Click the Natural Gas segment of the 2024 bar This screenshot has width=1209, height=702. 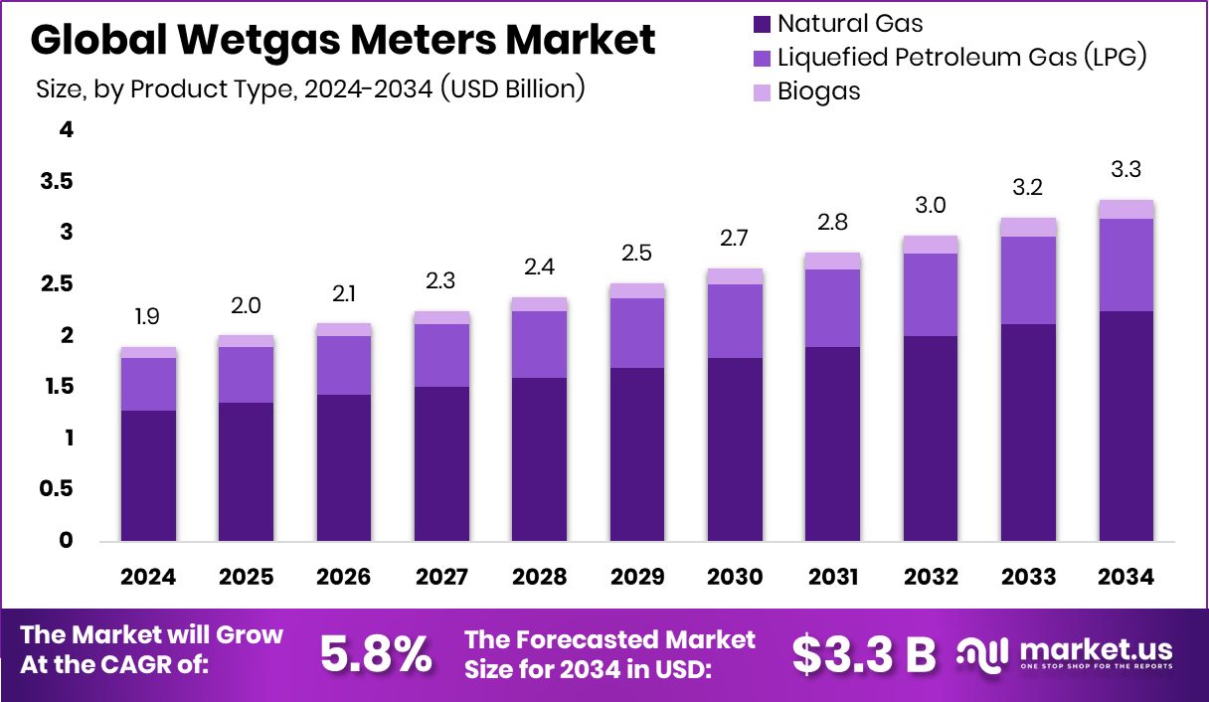tap(148, 475)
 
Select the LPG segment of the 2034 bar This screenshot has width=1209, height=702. tap(1126, 264)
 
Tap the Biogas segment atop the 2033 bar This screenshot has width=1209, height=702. tap(1028, 227)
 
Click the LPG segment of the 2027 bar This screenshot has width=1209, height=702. tap(441, 355)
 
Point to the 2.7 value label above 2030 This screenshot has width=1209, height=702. tap(735, 239)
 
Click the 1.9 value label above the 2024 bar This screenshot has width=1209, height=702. tap(148, 317)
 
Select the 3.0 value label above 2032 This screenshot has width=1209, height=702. tap(931, 206)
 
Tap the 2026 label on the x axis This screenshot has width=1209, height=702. tap(344, 578)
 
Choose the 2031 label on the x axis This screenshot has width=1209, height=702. tap(833, 578)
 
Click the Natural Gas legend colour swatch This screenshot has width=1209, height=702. tap(762, 24)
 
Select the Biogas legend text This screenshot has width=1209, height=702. tap(819, 91)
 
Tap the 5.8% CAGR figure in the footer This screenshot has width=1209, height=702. tap(376, 653)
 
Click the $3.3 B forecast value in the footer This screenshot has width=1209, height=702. tap(864, 653)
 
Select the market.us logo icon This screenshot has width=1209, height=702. tap(985, 653)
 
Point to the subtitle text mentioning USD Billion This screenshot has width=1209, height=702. tap(310, 89)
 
